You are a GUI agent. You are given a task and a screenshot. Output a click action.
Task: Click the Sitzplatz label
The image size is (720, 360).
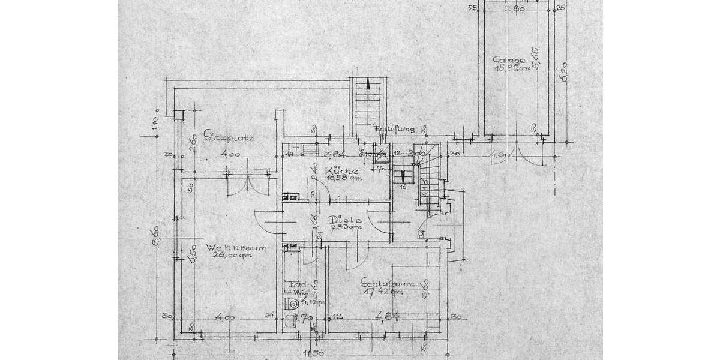click(229, 137)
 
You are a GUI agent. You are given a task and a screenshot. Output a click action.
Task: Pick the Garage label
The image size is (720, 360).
click(509, 60)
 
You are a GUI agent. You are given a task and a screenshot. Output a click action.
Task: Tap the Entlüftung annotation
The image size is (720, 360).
click(394, 129)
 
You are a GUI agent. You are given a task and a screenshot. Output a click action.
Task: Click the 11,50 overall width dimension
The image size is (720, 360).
click(312, 354)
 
